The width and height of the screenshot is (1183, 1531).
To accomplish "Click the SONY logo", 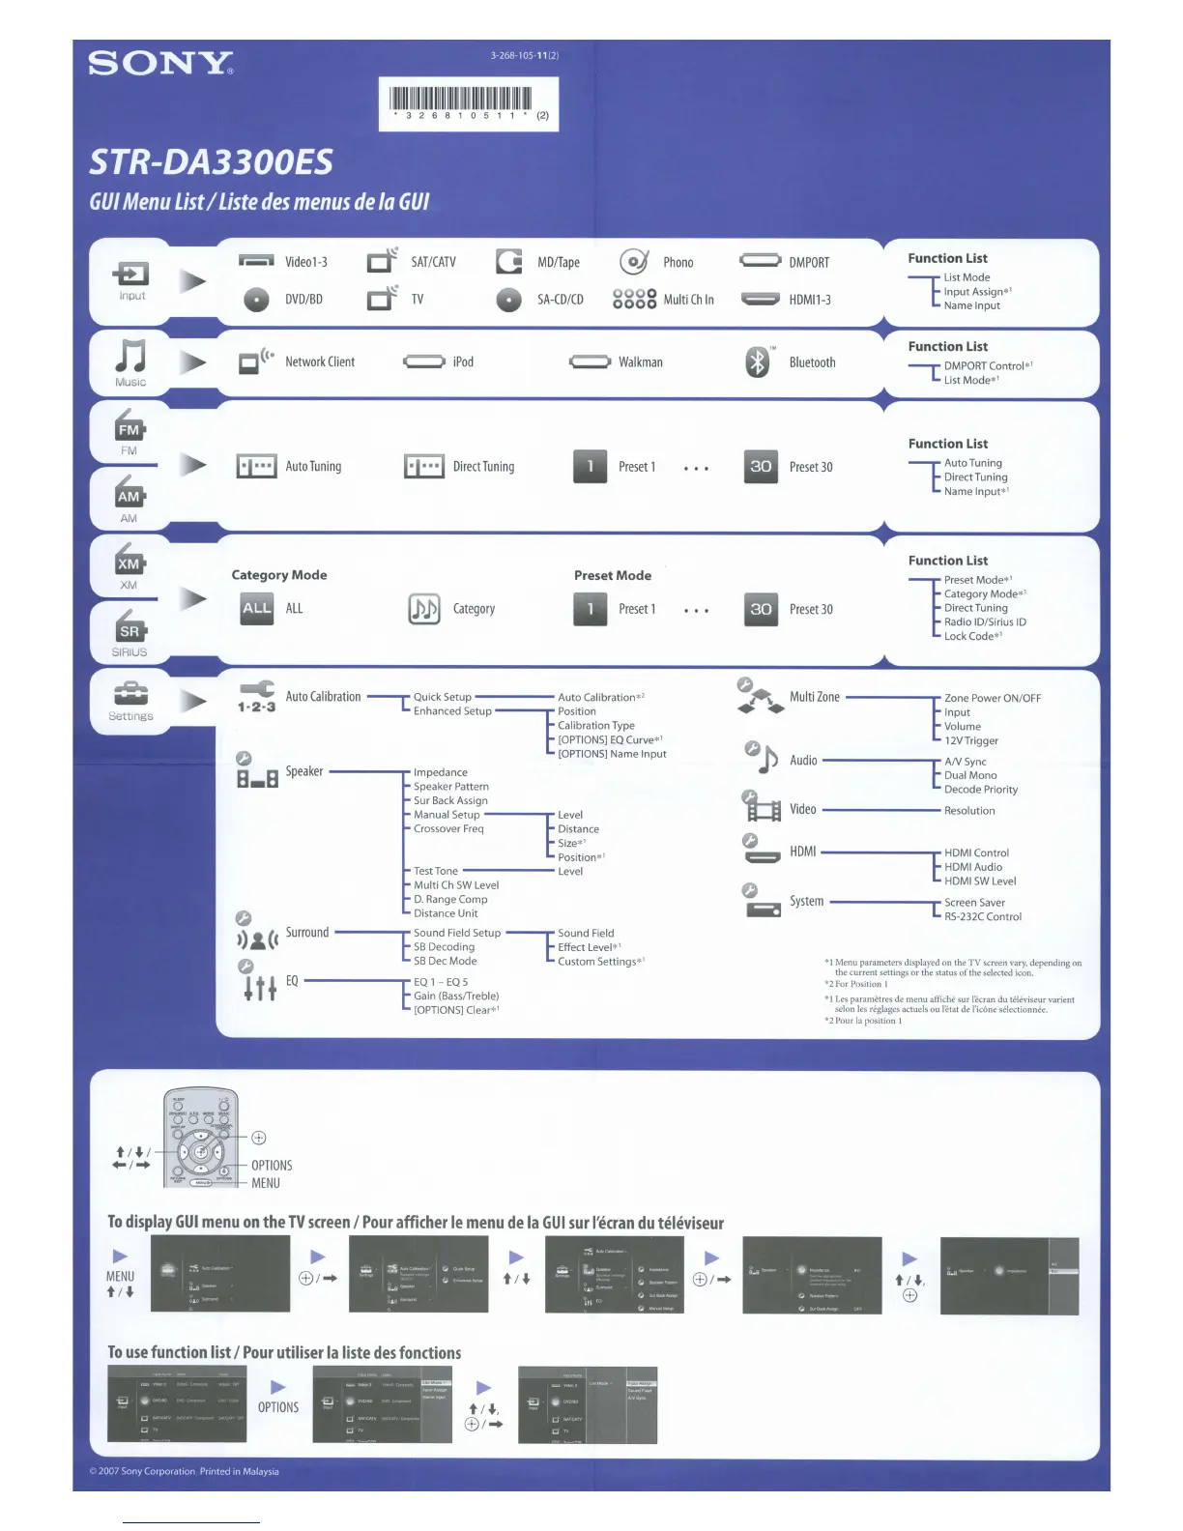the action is point(160,64).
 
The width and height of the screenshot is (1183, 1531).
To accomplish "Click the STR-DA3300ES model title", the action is point(211,161).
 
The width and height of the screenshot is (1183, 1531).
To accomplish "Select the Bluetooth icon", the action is point(758,362).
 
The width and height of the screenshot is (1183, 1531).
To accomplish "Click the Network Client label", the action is point(320,362).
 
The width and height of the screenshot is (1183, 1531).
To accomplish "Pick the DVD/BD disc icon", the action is point(256,300).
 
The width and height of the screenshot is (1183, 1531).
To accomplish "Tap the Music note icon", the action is point(130,357).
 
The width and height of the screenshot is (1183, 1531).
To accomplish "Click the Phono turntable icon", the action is point(633,262).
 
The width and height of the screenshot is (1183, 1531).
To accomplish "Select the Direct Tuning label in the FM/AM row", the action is point(483,467).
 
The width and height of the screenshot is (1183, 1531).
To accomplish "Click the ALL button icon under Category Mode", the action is point(257,609).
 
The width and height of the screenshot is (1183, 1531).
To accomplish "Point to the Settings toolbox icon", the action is point(130,694).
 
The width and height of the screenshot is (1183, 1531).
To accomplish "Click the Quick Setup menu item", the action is point(443,697).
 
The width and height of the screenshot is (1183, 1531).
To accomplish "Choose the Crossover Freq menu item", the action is point(448,829).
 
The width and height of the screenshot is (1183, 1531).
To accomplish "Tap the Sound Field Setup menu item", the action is point(457,933).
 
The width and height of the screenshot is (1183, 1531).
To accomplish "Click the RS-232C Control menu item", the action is point(983,917).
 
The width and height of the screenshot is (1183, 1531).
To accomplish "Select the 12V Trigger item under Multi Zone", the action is point(971,741).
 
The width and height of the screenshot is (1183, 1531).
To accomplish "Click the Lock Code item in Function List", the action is point(969,636).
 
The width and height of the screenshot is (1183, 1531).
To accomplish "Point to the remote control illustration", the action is point(201,1140).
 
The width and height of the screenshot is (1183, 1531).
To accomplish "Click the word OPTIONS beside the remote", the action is point(272,1166).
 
